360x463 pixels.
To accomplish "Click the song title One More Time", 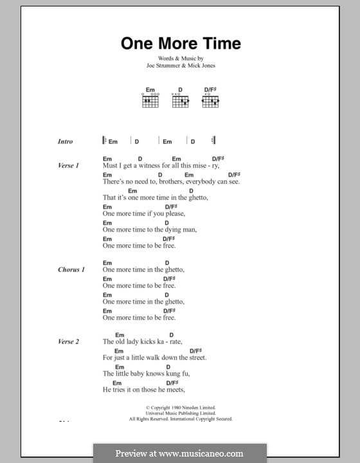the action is pos(181,44).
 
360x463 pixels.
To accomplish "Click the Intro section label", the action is pos(66,141).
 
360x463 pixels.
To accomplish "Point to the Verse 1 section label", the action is pos(67,166).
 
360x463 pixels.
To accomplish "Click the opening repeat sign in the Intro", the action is pos(104,140).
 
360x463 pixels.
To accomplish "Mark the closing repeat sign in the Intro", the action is pos(213,140).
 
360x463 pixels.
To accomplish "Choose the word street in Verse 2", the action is pos(215,358).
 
